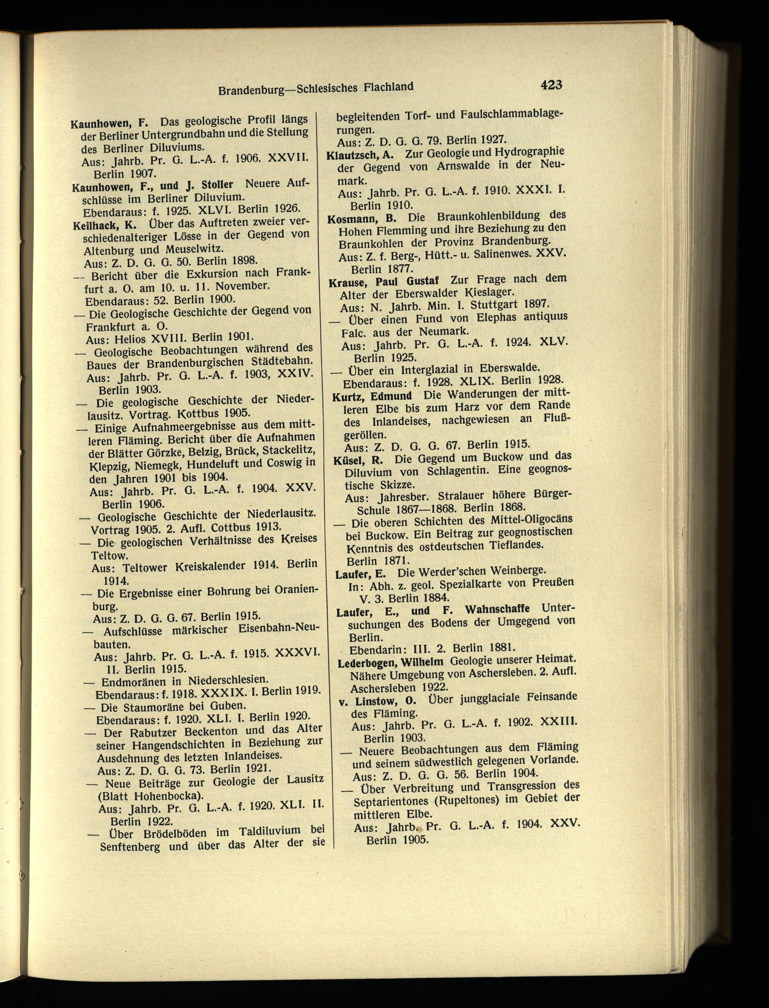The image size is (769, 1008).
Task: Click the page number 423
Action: point(551,85)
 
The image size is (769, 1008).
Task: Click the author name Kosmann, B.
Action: point(361,218)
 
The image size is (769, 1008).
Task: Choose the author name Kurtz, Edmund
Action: point(372,396)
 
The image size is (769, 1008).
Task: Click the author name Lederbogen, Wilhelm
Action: point(390,662)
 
